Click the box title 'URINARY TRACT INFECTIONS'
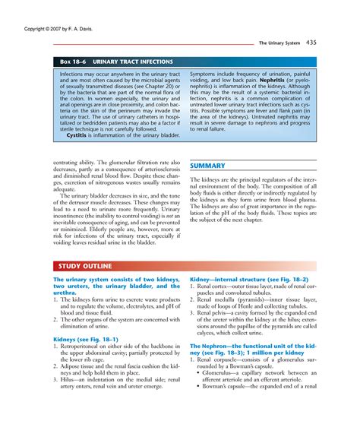coord(132,61)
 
